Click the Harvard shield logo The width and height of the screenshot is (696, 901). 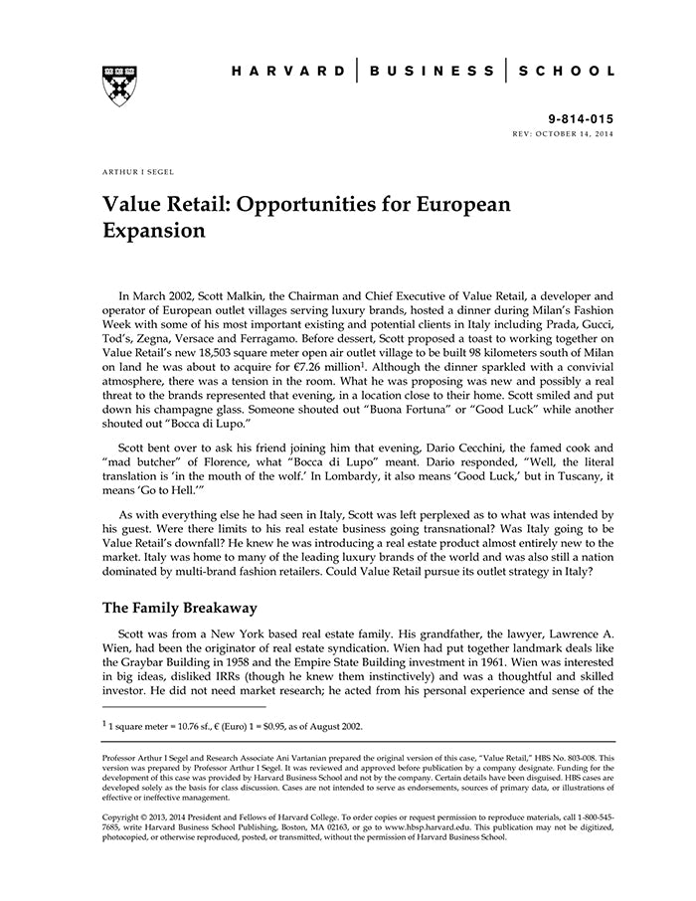click(x=119, y=87)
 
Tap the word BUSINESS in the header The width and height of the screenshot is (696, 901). click(x=432, y=72)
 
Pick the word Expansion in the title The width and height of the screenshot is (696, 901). click(x=154, y=232)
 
